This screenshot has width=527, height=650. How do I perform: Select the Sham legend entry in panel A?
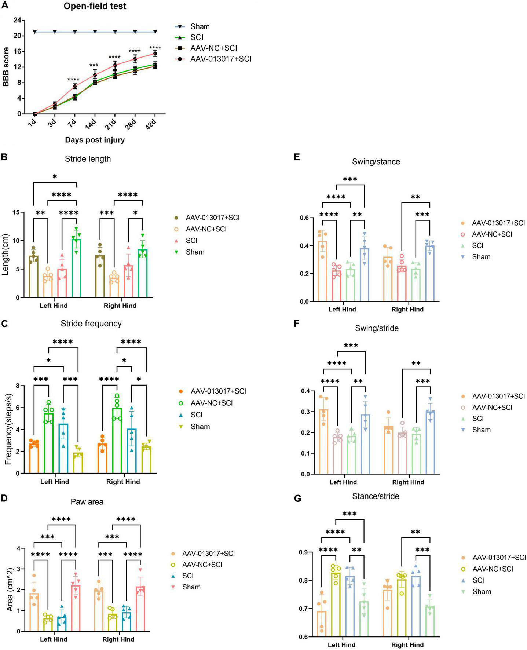pos(200,27)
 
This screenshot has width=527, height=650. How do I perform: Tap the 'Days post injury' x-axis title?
pos(95,140)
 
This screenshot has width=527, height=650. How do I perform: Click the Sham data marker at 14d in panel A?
pos(95,32)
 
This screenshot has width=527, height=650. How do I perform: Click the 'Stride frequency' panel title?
pos(91,324)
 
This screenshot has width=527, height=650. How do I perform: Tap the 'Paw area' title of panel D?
pos(87,501)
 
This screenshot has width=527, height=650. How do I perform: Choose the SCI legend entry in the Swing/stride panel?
pos(478,419)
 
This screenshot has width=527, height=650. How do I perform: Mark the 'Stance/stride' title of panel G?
pos(376,496)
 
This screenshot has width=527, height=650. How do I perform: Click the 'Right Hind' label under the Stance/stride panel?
pos(407,644)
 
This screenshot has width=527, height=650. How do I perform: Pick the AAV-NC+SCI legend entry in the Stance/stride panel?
pos(493,569)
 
